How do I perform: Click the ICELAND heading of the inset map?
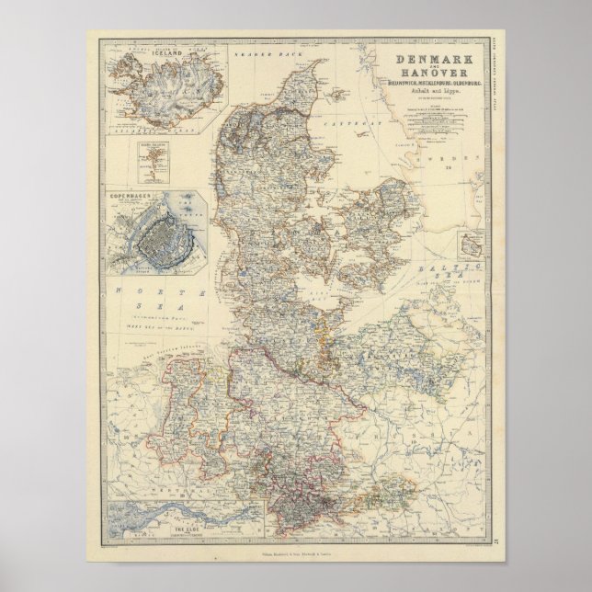point(159,55)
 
